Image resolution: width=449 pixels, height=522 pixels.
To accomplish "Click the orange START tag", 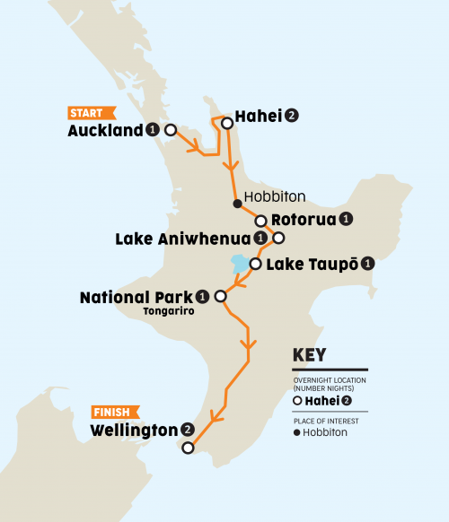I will coord(91,113).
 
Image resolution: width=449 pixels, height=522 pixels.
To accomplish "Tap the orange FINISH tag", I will coord(114,413).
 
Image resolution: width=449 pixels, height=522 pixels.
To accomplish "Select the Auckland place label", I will coord(105,131).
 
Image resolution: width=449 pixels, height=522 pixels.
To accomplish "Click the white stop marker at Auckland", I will coord(170,130).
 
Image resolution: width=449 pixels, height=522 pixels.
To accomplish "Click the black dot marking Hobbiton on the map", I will coord(237,204).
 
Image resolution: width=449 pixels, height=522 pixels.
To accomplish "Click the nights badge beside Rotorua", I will coord(346,219).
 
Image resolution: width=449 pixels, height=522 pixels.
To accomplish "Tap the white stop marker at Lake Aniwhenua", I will coord(278,239).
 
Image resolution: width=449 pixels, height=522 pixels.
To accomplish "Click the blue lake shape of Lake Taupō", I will coord(240,265).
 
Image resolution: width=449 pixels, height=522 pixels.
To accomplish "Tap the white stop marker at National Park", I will coord(221,294).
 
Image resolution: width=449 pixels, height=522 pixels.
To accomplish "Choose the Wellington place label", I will coord(134,431).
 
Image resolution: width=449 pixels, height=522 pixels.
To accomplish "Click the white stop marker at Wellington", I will coord(187,448).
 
